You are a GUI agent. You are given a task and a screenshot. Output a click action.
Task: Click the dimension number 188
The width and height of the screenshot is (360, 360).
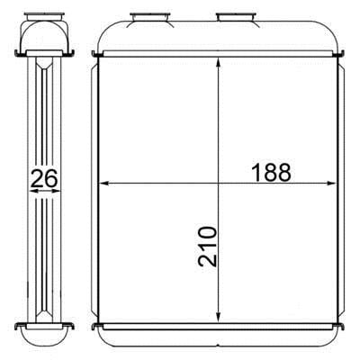tap(272, 173)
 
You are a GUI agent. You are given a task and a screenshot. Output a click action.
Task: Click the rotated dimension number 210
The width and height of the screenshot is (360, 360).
tap(207, 247)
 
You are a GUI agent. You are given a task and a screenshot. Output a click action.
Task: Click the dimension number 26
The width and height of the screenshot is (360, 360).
tap(44, 178)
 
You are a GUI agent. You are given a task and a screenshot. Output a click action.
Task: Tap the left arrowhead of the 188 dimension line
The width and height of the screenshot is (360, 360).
tap(103, 183)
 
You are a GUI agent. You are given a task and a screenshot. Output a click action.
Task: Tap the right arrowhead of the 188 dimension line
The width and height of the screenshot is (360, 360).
tap(330, 183)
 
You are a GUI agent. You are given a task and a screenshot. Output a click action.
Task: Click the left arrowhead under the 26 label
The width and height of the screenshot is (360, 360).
tap(33, 191)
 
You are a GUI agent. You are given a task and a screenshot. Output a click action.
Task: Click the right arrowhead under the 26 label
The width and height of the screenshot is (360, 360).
tap(57, 191)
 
